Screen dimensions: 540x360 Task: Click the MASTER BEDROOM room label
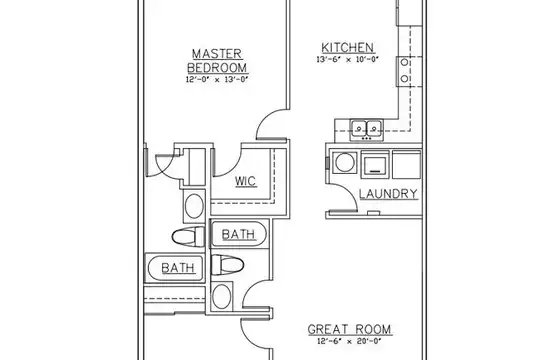[217, 61]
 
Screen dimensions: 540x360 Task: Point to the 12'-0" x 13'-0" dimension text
[217, 79]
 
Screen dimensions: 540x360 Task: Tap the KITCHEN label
[347, 48]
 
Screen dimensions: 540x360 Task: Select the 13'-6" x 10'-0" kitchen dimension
[347, 59]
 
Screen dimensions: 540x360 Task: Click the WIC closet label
[246, 181]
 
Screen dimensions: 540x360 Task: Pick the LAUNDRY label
[388, 194]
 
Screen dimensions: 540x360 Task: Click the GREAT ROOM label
[350, 329]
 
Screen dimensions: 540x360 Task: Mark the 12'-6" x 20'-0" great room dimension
[350, 341]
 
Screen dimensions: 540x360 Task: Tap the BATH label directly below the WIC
[239, 235]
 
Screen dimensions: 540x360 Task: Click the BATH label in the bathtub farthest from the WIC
[178, 268]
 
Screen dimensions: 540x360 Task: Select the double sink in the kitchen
[366, 130]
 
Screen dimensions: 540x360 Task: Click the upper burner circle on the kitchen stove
[405, 63]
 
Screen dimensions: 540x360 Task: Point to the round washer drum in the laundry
[345, 162]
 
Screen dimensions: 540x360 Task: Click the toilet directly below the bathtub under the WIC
[227, 265]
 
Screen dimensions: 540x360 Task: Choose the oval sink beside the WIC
[194, 206]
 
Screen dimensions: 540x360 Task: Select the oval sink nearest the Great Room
[221, 296]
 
